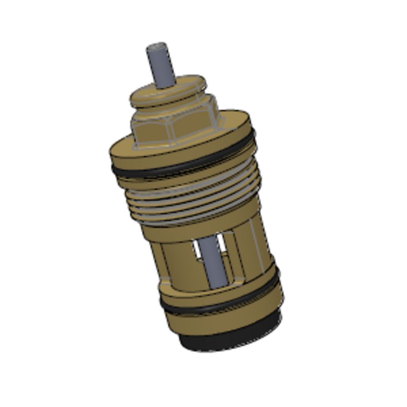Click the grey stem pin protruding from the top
coord(161,66)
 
